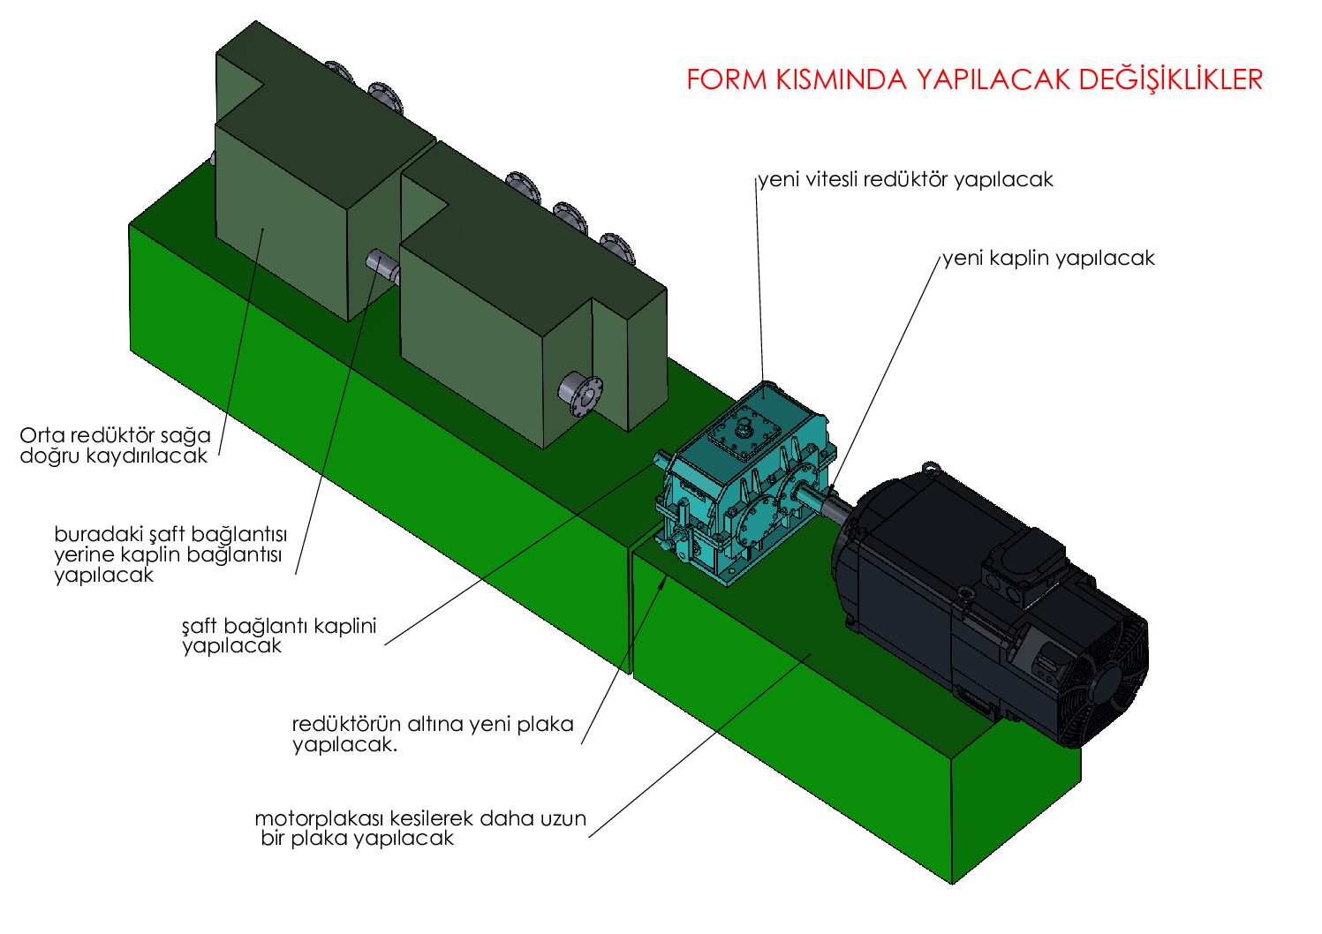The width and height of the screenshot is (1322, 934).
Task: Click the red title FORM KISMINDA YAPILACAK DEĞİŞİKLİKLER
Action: tap(974, 79)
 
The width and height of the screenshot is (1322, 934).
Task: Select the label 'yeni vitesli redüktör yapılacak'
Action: tap(906, 180)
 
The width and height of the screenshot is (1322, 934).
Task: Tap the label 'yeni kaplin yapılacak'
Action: tap(1048, 259)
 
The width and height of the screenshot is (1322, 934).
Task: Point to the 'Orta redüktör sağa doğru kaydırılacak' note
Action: tap(115, 446)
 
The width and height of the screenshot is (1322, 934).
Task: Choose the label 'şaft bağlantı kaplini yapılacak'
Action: tap(279, 636)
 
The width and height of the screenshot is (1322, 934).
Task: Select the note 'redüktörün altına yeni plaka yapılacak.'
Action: tap(433, 734)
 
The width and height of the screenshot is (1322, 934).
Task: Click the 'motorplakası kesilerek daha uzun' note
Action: tap(420, 828)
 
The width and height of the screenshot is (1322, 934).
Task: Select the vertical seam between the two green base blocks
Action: tap(633, 609)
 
